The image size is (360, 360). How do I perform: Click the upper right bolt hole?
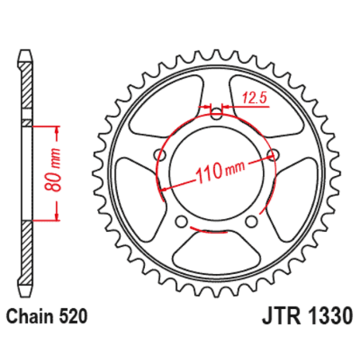273,154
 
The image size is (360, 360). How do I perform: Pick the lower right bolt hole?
252,221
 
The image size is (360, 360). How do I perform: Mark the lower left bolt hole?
182,221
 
